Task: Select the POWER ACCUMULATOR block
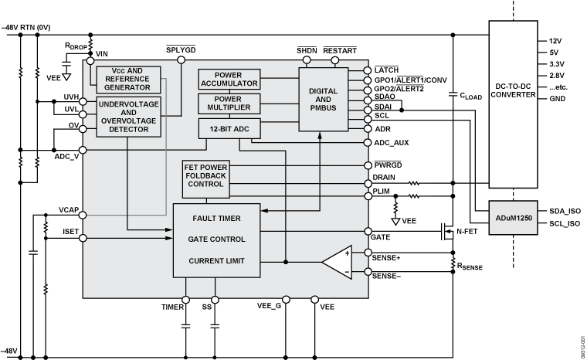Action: point(229,80)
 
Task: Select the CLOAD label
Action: point(470,97)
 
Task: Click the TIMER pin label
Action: point(171,307)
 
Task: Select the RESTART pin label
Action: point(340,50)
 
